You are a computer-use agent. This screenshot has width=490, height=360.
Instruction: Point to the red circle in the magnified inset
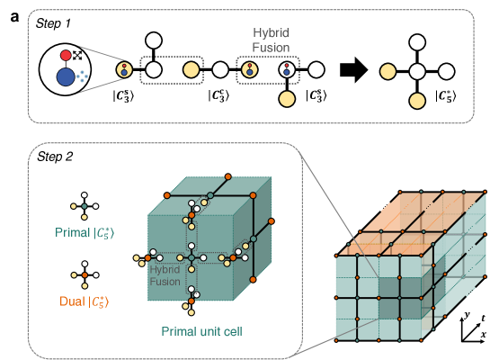[66, 56]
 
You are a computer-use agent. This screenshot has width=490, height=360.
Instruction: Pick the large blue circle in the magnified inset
[67, 78]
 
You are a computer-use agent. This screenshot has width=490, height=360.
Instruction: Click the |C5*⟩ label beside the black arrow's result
[446, 94]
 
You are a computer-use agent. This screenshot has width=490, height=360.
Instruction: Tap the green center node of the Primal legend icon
[83, 207]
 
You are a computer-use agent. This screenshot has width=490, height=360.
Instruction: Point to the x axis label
[483, 335]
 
